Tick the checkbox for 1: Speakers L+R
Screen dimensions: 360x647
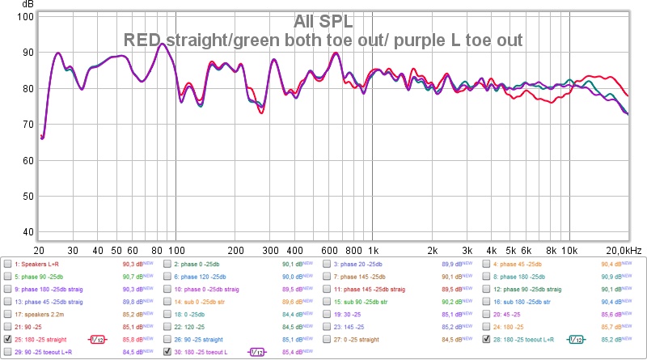[7, 264]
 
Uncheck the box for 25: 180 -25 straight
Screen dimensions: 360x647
[7, 339]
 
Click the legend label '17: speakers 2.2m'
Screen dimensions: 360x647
[38, 314]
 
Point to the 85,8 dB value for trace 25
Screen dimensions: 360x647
[132, 339]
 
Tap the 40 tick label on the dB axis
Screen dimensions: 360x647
[27, 232]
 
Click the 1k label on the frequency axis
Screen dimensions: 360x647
[374, 250]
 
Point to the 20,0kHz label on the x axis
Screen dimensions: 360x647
[624, 250]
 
